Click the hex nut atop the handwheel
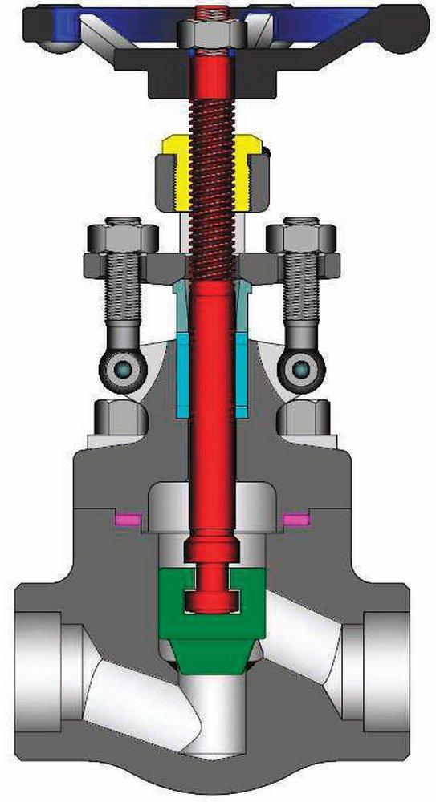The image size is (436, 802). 210,32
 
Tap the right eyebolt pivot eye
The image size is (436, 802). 302,370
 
